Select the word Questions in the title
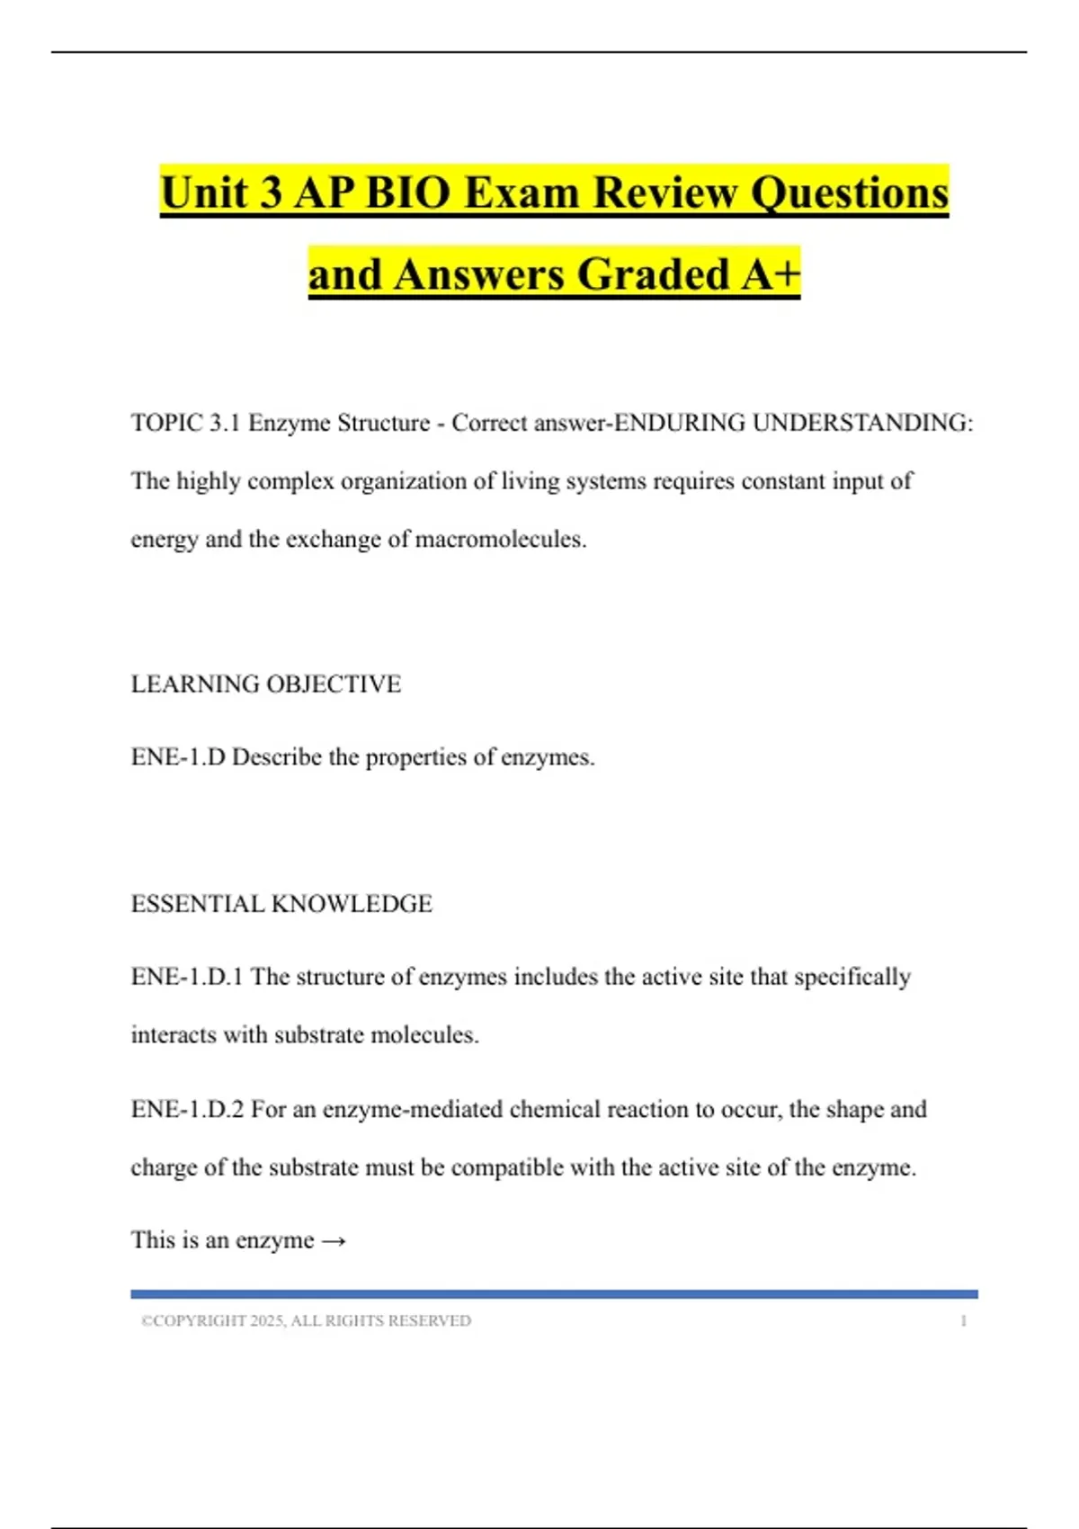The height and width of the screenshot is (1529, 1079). [x=849, y=192]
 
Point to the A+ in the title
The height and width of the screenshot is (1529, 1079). [x=771, y=274]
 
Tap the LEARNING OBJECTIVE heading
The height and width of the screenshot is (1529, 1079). [x=266, y=684]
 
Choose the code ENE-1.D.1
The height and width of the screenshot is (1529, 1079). [x=187, y=977]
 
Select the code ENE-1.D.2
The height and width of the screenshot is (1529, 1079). [x=187, y=1109]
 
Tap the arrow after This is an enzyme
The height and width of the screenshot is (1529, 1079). [x=334, y=1241]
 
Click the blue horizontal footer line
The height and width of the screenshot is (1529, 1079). [x=554, y=1294]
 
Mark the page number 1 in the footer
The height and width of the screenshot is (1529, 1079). [x=963, y=1321]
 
